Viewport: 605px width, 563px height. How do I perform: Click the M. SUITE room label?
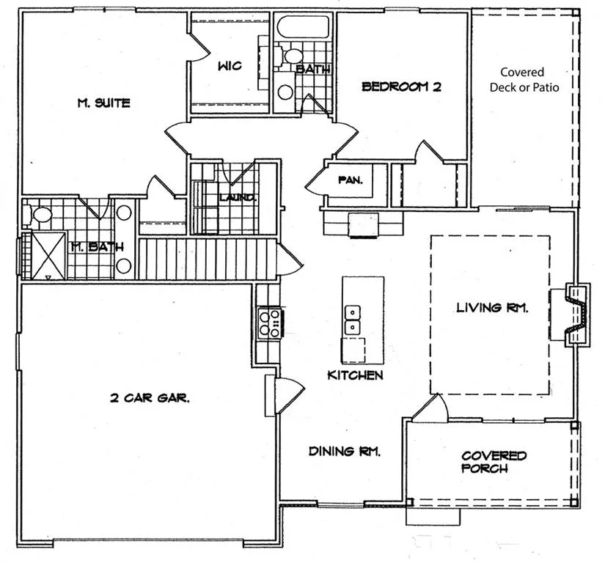[x=104, y=103]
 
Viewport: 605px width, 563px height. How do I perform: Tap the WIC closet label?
[x=230, y=65]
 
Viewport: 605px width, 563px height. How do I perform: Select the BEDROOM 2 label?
[x=401, y=87]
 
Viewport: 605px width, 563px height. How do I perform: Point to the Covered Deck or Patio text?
[x=524, y=79]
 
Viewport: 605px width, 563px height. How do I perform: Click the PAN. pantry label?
[x=351, y=180]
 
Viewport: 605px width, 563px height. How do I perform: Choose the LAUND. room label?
[x=238, y=198]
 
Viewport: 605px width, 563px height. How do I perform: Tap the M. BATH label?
[x=98, y=247]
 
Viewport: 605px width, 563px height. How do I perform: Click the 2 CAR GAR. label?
[x=150, y=397]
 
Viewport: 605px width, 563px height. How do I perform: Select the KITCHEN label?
[x=355, y=375]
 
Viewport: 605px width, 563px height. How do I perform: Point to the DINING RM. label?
[x=345, y=451]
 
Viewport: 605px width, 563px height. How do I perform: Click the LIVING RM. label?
[x=492, y=307]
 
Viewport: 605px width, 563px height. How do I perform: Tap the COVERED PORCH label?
[x=494, y=462]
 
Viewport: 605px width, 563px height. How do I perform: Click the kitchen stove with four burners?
[x=270, y=323]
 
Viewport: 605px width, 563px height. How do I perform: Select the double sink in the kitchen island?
[x=353, y=320]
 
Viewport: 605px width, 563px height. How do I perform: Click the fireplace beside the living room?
[x=577, y=314]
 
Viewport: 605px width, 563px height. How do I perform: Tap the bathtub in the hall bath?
[x=303, y=26]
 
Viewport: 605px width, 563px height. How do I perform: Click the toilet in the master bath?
[x=39, y=214]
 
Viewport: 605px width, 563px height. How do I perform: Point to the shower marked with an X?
[x=48, y=255]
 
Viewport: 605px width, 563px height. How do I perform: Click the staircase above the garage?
[x=208, y=259]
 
